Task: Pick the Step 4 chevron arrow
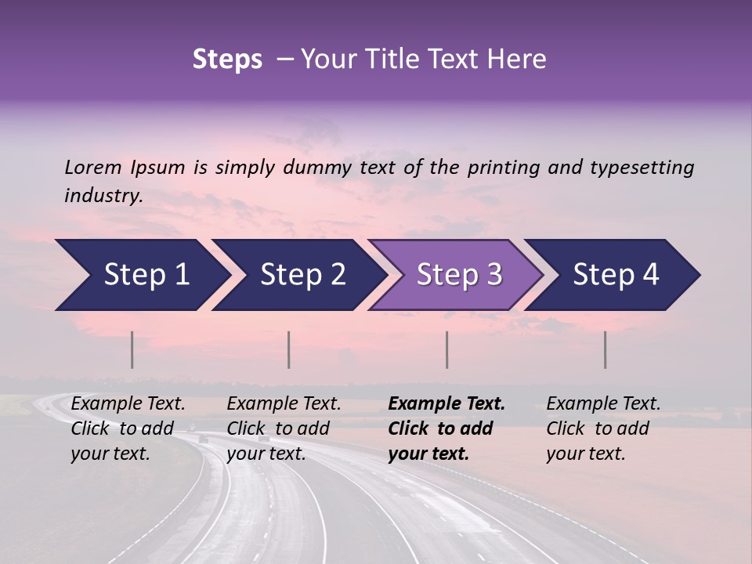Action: pos(614,275)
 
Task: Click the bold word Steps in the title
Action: pos(227,60)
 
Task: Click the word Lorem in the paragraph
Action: pos(92,167)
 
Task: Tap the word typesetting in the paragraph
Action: pos(642,167)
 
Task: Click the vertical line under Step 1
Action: pos(132,349)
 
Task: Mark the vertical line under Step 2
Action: pos(289,349)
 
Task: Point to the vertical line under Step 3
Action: pos(446,349)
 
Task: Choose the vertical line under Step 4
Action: pos(605,349)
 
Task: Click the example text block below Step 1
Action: pos(128,428)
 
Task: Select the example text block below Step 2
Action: pos(284,428)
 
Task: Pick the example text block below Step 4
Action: pos(603,428)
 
